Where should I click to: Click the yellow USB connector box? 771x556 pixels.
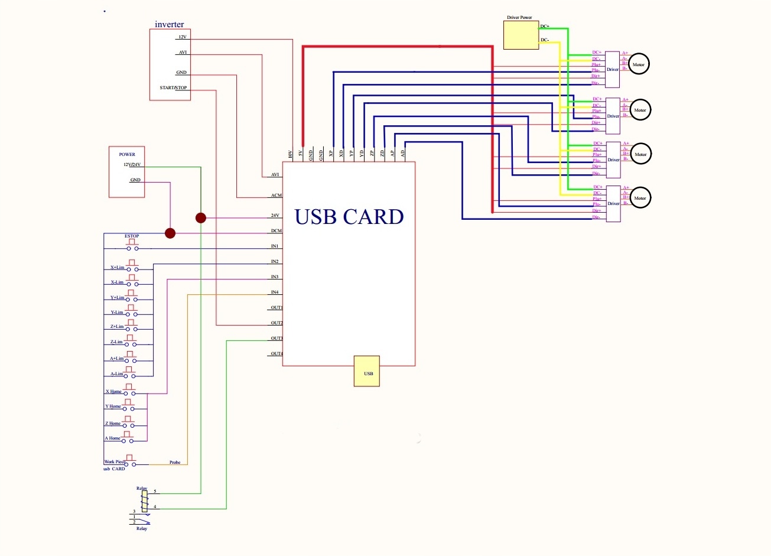point(366,371)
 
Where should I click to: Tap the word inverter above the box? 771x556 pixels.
point(169,24)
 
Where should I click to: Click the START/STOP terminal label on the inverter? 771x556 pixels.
point(173,88)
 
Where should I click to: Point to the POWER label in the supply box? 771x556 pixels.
point(127,154)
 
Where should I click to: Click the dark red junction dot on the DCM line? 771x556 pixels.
point(170,233)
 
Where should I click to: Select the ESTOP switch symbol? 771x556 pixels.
point(132,243)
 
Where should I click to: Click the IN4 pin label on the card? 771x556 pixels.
point(275,292)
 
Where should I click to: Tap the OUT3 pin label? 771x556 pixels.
point(276,339)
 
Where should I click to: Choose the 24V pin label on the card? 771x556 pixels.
point(275,216)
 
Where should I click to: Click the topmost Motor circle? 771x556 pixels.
point(638,64)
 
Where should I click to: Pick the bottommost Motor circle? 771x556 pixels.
point(640,198)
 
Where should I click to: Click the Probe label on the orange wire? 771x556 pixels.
point(175,462)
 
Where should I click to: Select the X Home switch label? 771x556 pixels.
point(113,392)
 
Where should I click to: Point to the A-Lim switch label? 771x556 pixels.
point(116,374)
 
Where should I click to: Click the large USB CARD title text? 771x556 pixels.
point(349,217)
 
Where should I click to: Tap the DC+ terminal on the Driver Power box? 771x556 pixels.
point(544,27)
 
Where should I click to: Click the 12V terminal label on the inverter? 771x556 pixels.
point(183,37)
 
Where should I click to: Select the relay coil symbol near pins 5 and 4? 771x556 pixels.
point(144,500)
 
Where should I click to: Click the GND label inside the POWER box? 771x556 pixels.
point(135,180)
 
